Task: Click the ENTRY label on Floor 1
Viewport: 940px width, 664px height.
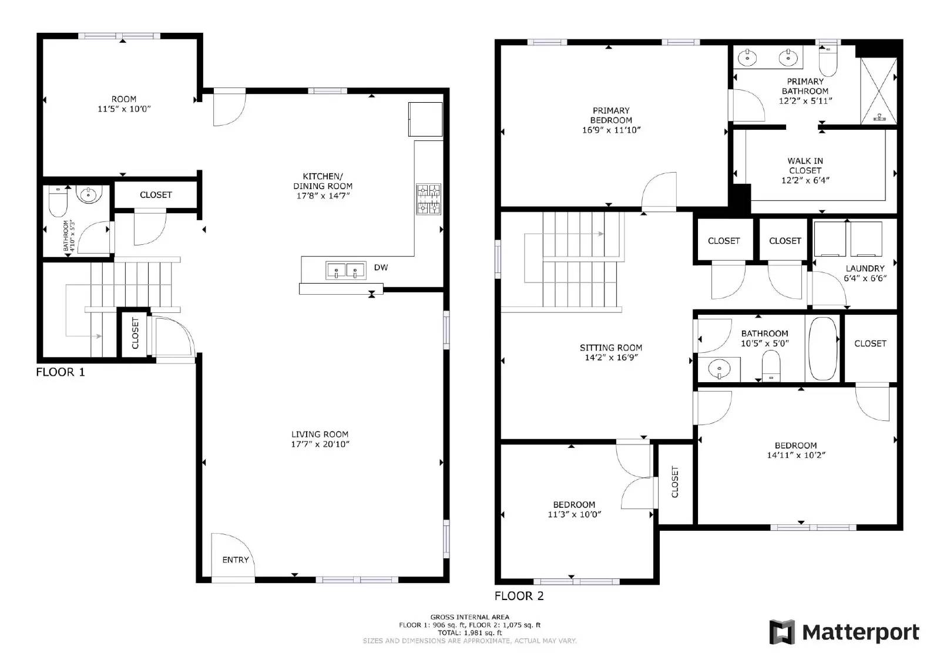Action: click(x=235, y=559)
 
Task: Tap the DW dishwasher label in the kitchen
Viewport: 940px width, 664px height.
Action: click(x=381, y=268)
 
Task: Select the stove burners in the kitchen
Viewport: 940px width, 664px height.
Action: click(x=428, y=199)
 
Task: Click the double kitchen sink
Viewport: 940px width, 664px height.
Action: click(x=345, y=271)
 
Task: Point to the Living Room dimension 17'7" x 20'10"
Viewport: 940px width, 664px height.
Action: click(x=320, y=444)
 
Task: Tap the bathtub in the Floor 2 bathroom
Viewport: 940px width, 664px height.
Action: click(x=822, y=349)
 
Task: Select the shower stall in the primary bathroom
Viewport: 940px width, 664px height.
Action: click(x=879, y=91)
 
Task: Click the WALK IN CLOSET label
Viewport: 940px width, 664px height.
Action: click(x=805, y=166)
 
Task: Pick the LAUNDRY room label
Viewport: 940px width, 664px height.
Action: click(x=865, y=268)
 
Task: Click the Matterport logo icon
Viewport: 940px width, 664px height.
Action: click(x=782, y=632)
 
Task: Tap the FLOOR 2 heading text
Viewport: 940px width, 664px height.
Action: click(x=519, y=596)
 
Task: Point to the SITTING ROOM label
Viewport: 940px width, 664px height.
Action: click(x=611, y=348)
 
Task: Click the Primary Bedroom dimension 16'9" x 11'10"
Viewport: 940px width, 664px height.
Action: click(x=611, y=130)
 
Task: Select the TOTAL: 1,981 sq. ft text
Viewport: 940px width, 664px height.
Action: click(x=469, y=633)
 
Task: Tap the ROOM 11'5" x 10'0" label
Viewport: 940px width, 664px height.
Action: click(x=124, y=104)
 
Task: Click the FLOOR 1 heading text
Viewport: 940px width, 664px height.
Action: click(x=61, y=372)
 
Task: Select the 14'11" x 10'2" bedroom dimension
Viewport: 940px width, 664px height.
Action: click(x=796, y=455)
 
